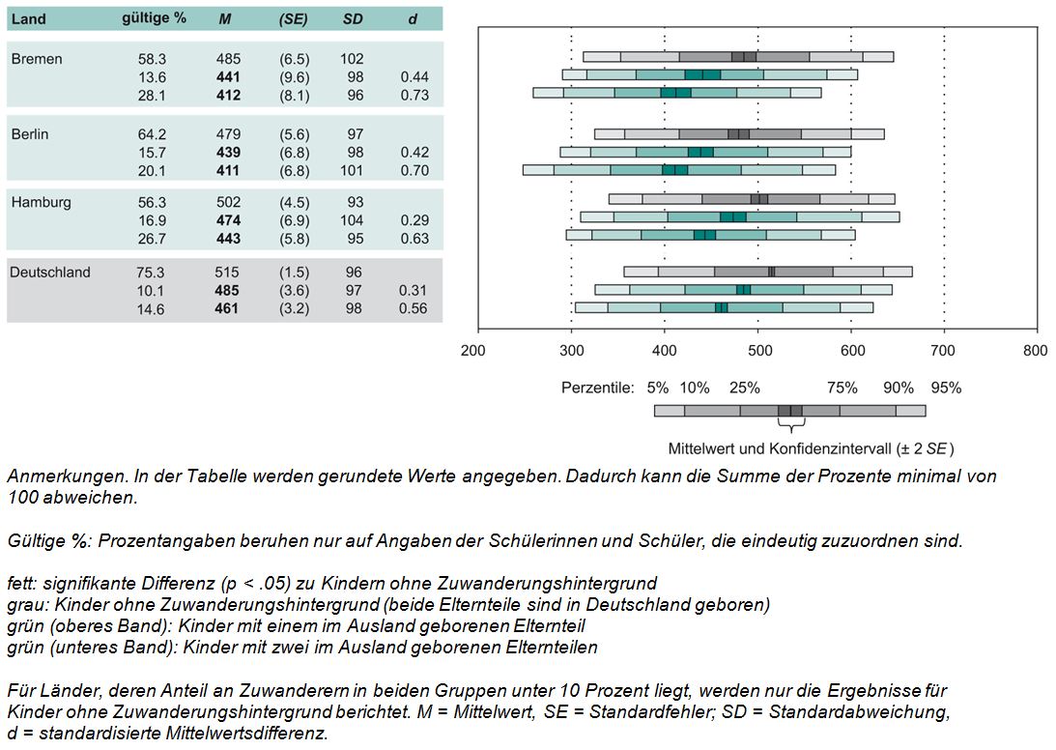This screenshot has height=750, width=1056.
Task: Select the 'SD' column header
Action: [352, 19]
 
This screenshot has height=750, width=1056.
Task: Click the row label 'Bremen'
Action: [37, 59]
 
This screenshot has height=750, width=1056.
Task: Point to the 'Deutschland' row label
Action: [50, 273]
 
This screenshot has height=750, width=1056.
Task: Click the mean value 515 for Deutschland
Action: [228, 273]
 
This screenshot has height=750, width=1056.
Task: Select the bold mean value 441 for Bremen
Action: [228, 77]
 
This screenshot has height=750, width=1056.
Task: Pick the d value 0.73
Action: [414, 96]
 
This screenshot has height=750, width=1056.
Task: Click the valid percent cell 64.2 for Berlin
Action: [152, 134]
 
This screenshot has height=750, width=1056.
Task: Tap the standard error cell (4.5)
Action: [294, 203]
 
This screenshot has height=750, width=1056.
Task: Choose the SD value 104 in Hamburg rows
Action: [352, 221]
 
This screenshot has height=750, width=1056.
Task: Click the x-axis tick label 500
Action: [756, 350]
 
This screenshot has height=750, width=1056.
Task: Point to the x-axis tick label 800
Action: [1035, 350]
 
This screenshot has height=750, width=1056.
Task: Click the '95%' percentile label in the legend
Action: [946, 389]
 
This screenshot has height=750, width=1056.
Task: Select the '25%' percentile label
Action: [744, 389]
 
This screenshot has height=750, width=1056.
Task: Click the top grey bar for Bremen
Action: [738, 56]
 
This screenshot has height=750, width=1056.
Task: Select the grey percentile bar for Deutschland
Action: [767, 272]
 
